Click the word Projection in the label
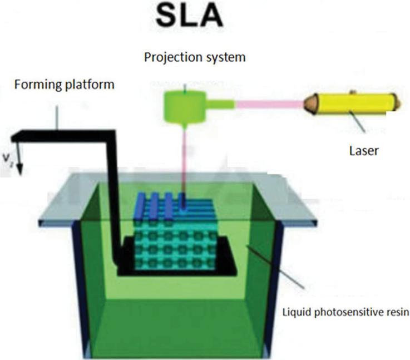(165, 57)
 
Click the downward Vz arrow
(18, 159)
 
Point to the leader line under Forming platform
(57, 117)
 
